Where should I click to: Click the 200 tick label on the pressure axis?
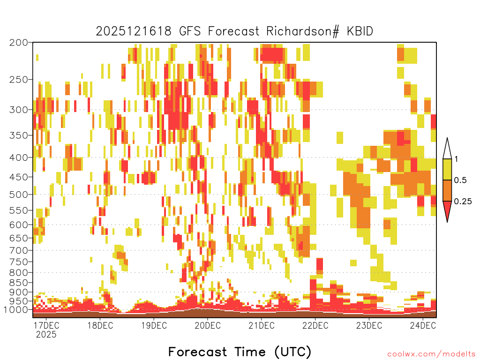[19, 43]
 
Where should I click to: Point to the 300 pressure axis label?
[19, 110]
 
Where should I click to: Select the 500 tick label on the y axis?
[19, 195]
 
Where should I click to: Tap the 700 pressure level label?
[19, 250]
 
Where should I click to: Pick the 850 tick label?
[19, 283]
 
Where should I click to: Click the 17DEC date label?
[46, 325]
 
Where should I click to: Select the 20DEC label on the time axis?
[208, 325]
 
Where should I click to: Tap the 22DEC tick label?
[315, 325]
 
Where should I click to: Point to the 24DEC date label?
[423, 325]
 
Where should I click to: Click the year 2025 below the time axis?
[46, 334]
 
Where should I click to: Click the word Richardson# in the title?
[303, 31]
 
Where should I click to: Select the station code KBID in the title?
[360, 31]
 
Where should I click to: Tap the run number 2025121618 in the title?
[134, 31]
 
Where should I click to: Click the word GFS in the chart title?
[190, 31]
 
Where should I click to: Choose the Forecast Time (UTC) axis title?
[240, 352]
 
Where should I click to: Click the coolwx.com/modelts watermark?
[431, 354]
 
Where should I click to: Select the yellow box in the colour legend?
[447, 169]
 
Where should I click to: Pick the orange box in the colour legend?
[447, 190]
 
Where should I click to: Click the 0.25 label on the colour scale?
[463, 202]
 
